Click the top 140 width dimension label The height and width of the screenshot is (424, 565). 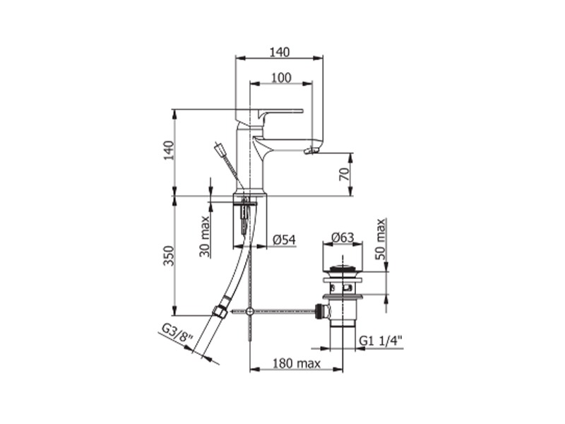pyautogui.click(x=280, y=52)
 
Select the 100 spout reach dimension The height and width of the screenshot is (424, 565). pyautogui.click(x=281, y=78)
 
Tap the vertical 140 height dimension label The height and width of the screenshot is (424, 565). pyautogui.click(x=169, y=151)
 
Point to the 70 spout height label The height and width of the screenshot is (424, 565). pyautogui.click(x=345, y=175)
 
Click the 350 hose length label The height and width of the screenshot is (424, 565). pyautogui.click(x=169, y=256)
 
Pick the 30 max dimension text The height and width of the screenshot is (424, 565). pyautogui.click(x=205, y=236)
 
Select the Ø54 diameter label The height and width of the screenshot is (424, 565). pyautogui.click(x=285, y=240)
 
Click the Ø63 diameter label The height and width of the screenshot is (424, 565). pyautogui.click(x=343, y=237)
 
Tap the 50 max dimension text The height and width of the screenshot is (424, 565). pyautogui.click(x=381, y=239)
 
